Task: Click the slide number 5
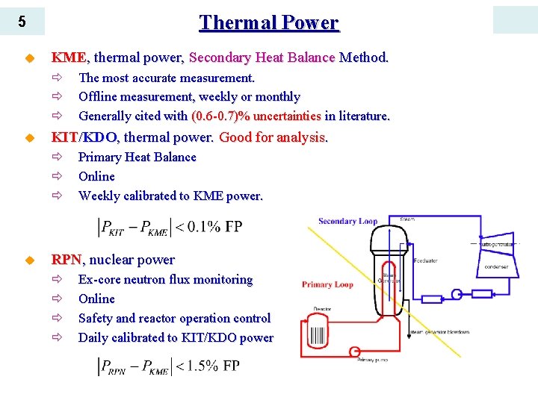(22, 22)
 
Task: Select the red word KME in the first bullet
(68, 57)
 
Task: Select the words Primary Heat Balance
(137, 157)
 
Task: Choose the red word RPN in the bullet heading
(66, 260)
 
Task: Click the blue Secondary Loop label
(347, 221)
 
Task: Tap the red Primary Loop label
(327, 284)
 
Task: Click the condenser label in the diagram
(495, 267)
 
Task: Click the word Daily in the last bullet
(94, 337)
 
